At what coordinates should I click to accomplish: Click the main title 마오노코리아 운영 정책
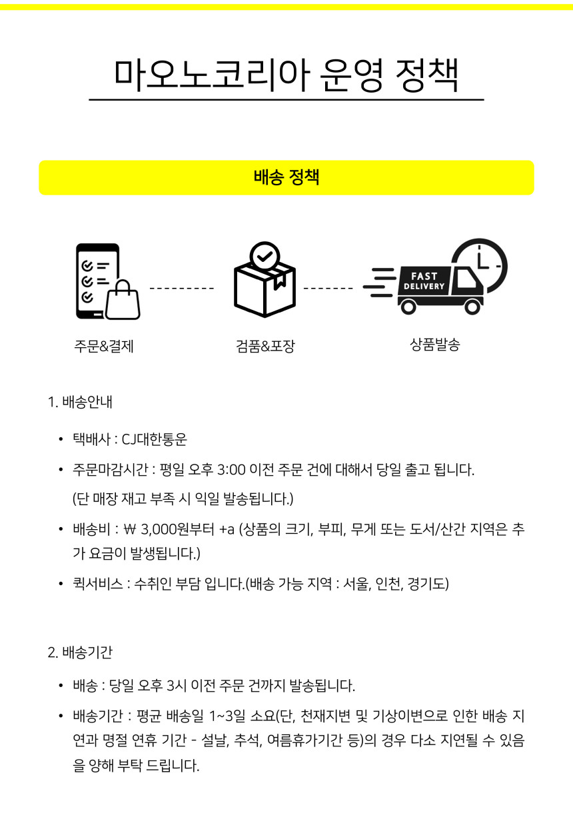point(286,75)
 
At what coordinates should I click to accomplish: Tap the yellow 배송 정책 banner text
point(286,177)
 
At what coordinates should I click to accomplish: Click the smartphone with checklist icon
point(97,281)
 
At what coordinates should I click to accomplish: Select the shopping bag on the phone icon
point(123,299)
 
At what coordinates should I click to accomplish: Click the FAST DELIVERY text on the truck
point(424,281)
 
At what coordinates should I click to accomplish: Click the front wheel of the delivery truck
point(472,307)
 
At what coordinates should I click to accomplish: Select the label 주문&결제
point(104,347)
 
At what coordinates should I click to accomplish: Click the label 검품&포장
point(265,347)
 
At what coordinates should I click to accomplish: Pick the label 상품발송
point(435,345)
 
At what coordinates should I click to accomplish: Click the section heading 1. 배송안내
point(80,402)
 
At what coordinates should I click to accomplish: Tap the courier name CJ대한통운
point(155,439)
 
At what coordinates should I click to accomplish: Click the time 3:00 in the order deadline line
point(231,470)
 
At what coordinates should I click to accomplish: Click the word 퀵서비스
point(98,584)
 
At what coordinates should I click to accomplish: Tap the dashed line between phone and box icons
point(182,289)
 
